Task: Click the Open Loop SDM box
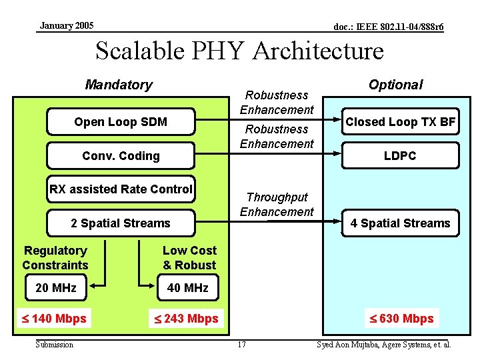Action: coord(121,122)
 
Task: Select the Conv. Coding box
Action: coord(121,156)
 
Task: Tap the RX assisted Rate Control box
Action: coord(121,189)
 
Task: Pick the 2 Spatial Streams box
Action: coord(121,223)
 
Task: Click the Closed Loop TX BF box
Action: coord(400,122)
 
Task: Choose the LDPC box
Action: coord(400,156)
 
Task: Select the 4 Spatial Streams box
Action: coord(400,223)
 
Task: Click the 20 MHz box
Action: coord(55,288)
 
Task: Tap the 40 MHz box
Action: coord(188,288)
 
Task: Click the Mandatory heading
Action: coord(119,85)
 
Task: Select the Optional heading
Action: coord(395,85)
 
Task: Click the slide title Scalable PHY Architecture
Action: coord(240,51)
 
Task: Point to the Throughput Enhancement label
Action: coord(277,204)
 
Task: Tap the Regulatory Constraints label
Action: coord(55,257)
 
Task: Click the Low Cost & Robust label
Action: coord(189,257)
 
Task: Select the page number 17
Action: coord(241,345)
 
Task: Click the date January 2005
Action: coord(67,26)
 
